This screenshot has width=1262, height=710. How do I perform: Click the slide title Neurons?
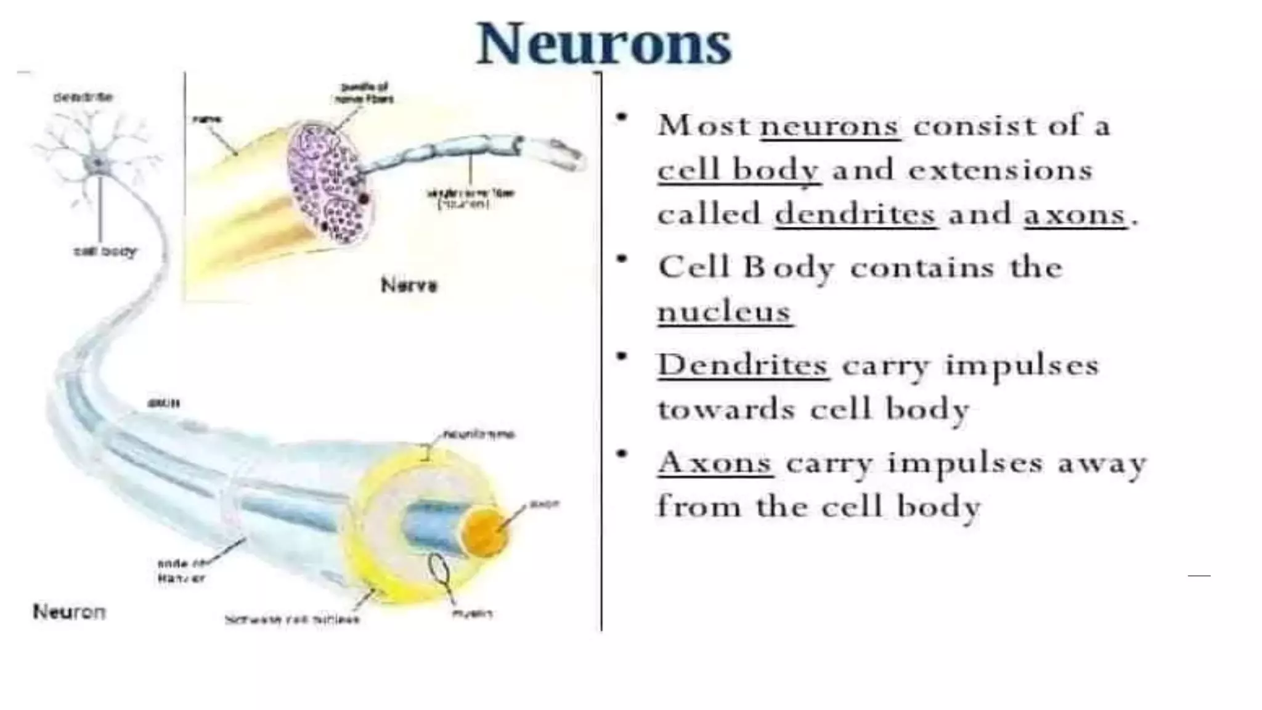click(x=604, y=44)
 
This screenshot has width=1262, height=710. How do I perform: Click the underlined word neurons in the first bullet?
click(x=830, y=126)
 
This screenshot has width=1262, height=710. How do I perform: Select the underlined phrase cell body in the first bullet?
click(x=738, y=170)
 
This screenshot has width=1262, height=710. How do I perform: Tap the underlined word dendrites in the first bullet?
click(x=855, y=214)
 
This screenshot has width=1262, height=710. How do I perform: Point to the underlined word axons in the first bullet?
click(x=1075, y=215)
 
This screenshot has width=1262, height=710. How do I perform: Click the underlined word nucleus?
click(x=725, y=312)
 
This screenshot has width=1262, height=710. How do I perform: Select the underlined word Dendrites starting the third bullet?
click(x=743, y=365)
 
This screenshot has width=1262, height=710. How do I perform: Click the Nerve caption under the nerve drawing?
click(x=409, y=285)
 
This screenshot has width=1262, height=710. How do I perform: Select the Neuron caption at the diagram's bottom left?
click(x=69, y=612)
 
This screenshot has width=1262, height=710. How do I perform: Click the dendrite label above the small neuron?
click(x=83, y=97)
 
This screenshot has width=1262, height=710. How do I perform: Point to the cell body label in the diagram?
click(x=105, y=251)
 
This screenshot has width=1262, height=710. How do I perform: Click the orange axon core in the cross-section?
click(x=486, y=531)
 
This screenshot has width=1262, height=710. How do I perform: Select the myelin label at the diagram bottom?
click(x=472, y=613)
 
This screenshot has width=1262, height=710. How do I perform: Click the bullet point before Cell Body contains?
click(x=623, y=259)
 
